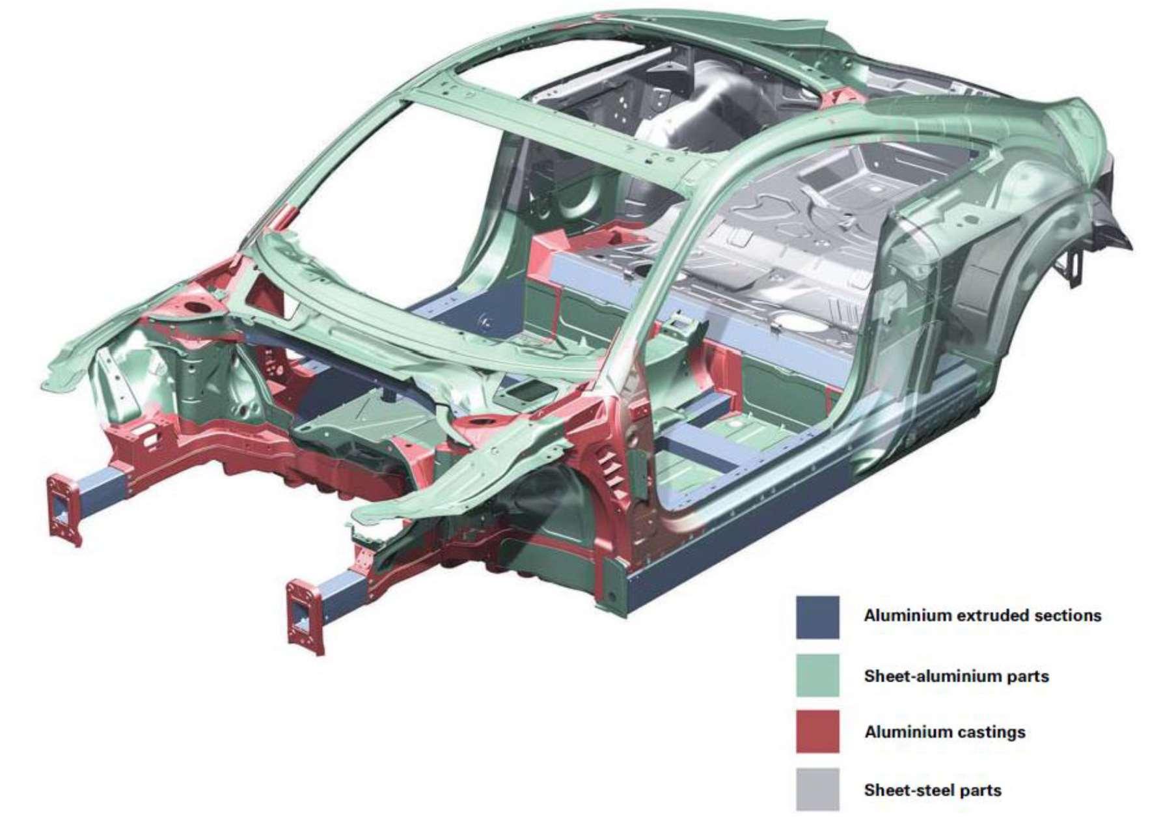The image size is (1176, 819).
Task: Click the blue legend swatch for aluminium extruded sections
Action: pos(817,617)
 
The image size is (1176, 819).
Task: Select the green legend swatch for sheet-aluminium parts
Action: pos(817,675)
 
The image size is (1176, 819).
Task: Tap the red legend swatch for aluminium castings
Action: pos(817,732)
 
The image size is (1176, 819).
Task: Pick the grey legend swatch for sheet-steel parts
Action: pos(817,789)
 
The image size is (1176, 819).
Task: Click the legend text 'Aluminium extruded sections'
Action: pos(982,615)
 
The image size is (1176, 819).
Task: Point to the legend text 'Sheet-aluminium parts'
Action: pos(956,676)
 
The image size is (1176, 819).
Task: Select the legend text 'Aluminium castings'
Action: pos(944,732)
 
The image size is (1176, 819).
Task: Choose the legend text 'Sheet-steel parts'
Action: pos(932,790)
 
